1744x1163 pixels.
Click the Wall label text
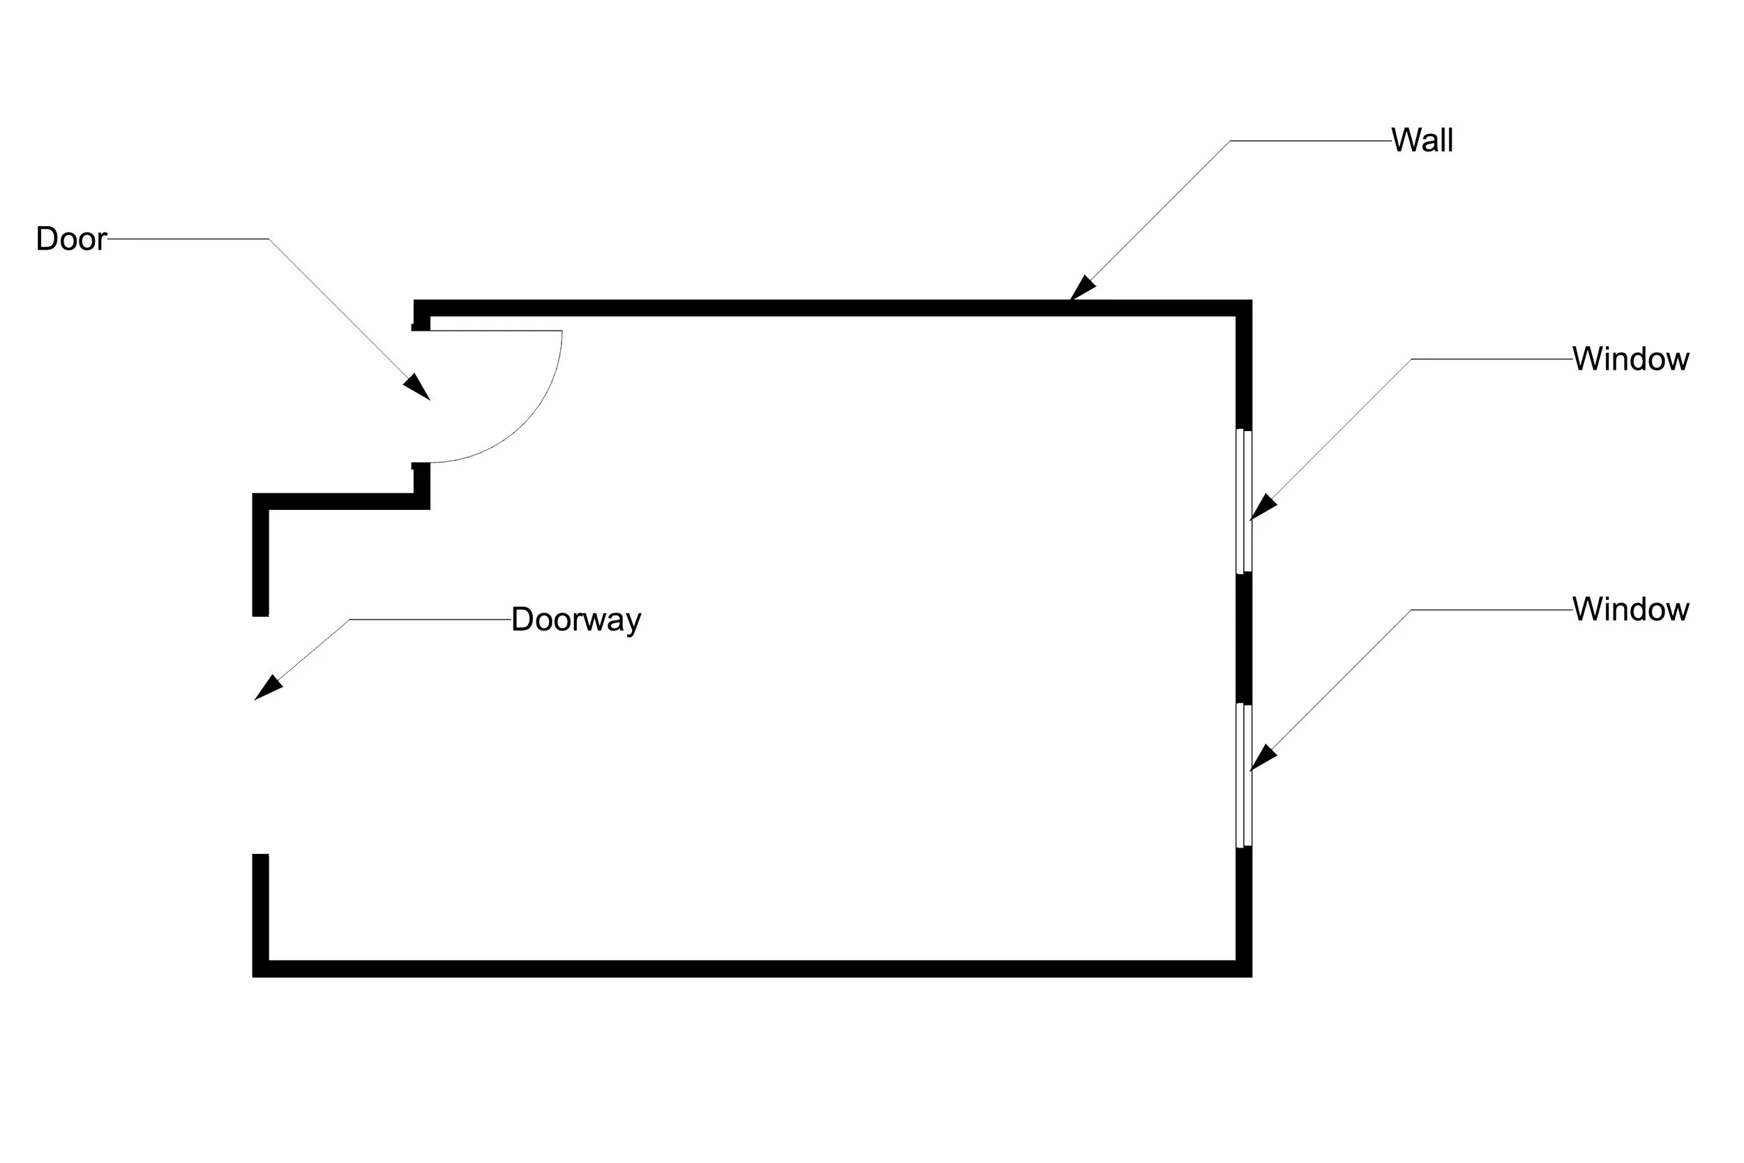pyautogui.click(x=1422, y=140)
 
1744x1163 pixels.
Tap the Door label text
pyautogui.click(x=71, y=239)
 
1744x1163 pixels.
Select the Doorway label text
pyautogui.click(x=576, y=620)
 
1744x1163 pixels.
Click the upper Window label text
pyautogui.click(x=1630, y=359)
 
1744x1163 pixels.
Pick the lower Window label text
pyautogui.click(x=1630, y=610)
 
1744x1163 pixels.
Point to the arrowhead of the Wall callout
pyautogui.click(x=1083, y=289)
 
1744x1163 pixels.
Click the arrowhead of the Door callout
pyautogui.click(x=418, y=388)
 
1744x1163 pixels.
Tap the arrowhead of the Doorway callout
pyautogui.click(x=267, y=689)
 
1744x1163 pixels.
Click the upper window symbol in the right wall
pyautogui.click(x=1244, y=501)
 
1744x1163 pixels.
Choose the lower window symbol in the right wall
pyautogui.click(x=1244, y=775)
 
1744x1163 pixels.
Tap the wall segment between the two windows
pyautogui.click(x=1244, y=638)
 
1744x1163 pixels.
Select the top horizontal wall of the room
pyautogui.click(x=815, y=308)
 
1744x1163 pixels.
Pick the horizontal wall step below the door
pyautogui.click(x=341, y=502)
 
